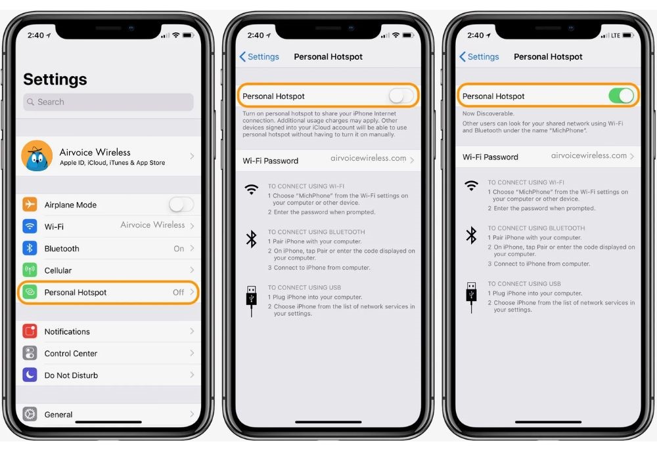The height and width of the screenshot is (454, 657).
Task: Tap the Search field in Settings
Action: click(x=108, y=102)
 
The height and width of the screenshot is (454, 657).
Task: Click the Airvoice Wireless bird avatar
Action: click(x=37, y=155)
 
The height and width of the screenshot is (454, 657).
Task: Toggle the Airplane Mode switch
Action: click(x=181, y=205)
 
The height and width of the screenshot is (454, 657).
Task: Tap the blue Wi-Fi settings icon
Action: click(x=30, y=226)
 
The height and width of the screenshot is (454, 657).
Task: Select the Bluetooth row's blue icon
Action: click(x=30, y=248)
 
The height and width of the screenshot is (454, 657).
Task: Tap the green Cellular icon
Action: click(x=30, y=270)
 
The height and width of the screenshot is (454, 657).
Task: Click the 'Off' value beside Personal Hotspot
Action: click(x=178, y=292)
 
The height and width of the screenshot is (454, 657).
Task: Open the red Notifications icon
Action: click(x=30, y=331)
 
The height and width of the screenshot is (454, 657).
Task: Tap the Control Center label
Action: click(x=71, y=353)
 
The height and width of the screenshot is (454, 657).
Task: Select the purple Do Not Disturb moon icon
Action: click(x=30, y=375)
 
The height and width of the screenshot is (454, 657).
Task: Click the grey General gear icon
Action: click(x=30, y=414)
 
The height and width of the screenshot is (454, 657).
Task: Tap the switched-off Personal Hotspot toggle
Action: click(x=401, y=96)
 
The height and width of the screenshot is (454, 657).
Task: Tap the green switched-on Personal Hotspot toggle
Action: click(x=621, y=96)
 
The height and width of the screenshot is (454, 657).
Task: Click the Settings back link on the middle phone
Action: click(x=260, y=56)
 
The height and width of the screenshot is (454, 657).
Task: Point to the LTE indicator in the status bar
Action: click(x=615, y=35)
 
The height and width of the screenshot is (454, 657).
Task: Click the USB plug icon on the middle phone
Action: click(x=252, y=301)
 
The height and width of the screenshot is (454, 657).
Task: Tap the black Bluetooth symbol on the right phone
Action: click(x=471, y=235)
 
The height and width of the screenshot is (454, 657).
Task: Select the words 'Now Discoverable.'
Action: click(x=488, y=113)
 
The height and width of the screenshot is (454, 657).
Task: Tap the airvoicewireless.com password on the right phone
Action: click(x=589, y=155)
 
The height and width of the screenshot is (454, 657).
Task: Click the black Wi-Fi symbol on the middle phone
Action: click(x=252, y=190)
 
